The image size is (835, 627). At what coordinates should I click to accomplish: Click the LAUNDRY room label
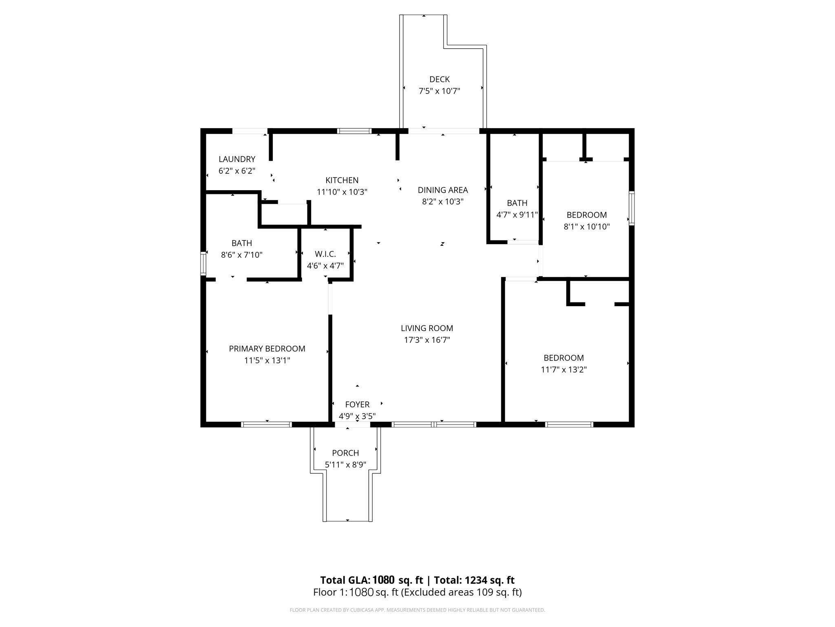pos(237,159)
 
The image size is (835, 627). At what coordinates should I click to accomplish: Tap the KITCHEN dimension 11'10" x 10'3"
pos(342,192)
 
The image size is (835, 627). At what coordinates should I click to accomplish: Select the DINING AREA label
pos(443,190)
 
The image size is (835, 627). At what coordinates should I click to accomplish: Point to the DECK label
pos(440,79)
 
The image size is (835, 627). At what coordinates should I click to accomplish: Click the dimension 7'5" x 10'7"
pos(440,91)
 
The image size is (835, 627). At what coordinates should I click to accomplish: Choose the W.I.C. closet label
pos(325,254)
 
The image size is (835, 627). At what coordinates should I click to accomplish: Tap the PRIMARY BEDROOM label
pos(267,349)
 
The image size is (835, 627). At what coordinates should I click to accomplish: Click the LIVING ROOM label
pos(427,328)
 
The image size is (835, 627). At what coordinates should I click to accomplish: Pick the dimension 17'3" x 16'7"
pos(427,340)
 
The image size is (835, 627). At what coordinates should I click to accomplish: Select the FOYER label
pos(357,405)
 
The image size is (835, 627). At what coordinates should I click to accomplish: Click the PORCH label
pos(345,453)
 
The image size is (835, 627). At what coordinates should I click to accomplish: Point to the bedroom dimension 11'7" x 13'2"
pos(563,370)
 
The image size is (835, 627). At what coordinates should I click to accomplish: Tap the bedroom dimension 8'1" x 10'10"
pos(587,227)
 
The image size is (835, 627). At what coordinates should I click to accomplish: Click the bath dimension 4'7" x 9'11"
pos(517,215)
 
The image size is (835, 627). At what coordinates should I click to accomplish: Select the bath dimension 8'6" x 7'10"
pos(242,255)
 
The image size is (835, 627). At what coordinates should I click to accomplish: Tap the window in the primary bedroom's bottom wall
pos(267,425)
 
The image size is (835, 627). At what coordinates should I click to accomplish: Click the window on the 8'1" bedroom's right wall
pos(632,208)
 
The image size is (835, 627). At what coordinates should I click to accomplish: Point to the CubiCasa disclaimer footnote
pos(417,610)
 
